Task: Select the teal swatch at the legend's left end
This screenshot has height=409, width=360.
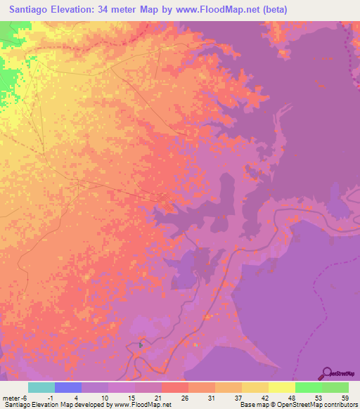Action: click(41, 387)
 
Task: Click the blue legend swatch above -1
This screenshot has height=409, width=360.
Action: click(68, 387)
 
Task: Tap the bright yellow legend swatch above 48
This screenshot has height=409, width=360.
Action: click(282, 387)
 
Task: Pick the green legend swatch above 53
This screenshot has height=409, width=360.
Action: click(309, 387)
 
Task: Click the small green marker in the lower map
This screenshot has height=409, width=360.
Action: click(141, 344)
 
